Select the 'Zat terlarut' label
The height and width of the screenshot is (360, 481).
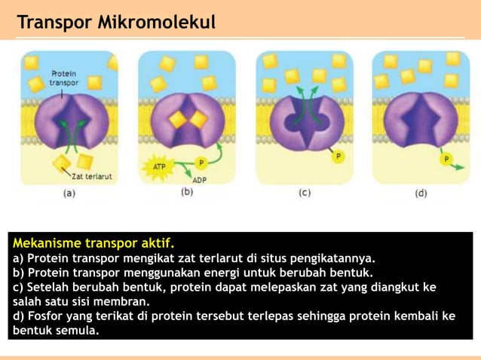[x=93, y=177]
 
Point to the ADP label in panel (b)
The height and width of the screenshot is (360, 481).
[x=199, y=180]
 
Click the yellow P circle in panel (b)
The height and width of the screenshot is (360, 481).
[x=201, y=162]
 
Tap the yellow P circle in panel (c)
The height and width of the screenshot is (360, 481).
[x=338, y=157]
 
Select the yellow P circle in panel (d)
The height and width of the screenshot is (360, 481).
[x=446, y=160]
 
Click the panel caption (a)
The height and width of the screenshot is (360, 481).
[x=69, y=193]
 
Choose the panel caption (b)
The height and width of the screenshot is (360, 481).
[x=187, y=193]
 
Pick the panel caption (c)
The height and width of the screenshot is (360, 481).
[x=305, y=193]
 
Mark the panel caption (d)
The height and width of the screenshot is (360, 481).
[x=421, y=193]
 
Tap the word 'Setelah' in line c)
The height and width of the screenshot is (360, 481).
[x=49, y=287]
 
